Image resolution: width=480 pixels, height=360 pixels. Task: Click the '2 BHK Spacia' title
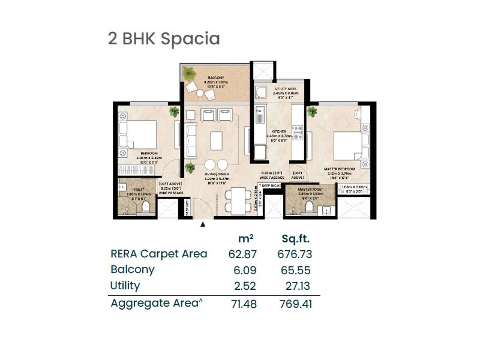(x=164, y=39)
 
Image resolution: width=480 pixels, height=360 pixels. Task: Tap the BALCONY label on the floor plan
(x=216, y=78)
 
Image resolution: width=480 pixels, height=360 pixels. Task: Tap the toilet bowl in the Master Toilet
(x=310, y=206)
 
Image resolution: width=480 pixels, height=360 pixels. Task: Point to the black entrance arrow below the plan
(x=203, y=224)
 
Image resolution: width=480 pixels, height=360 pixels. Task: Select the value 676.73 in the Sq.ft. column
(x=295, y=254)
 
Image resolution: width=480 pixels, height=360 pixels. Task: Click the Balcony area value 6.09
(x=242, y=270)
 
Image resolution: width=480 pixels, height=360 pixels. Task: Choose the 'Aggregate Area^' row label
(x=155, y=303)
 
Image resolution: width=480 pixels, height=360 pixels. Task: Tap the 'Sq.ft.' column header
(x=295, y=239)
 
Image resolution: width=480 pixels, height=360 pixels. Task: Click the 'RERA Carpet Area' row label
(x=159, y=254)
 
